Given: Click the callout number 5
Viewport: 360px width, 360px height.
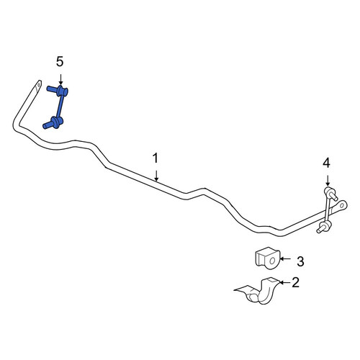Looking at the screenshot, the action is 60,62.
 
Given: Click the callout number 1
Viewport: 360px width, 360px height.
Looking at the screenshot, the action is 156,158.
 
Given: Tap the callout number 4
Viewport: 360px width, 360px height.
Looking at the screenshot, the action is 326,163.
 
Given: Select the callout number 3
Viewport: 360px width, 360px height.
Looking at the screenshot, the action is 300,261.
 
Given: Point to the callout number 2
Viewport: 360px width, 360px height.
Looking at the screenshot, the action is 295,282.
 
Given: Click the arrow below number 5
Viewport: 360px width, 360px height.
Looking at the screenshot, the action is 60,79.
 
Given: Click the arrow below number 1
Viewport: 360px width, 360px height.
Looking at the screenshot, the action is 156,176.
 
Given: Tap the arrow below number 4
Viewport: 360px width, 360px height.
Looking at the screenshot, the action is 328,181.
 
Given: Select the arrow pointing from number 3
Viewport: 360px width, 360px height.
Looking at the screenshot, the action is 285,258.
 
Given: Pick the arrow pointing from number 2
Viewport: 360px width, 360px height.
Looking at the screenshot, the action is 285,282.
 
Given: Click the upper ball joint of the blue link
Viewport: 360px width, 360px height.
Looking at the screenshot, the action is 62,91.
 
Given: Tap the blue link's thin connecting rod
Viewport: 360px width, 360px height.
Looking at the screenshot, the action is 60,106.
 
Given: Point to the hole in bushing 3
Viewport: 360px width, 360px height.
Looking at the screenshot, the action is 272,261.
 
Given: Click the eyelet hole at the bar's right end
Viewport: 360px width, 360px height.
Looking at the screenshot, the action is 342,205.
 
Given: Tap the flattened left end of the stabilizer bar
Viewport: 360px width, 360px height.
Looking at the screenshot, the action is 37,86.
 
